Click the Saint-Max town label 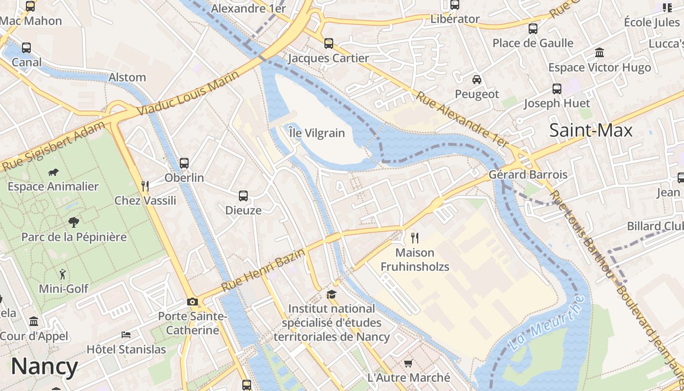click(591, 130)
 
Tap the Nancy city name click(44, 367)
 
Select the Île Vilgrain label click(317, 133)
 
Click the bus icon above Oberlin click(184, 163)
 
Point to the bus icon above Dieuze click(243, 196)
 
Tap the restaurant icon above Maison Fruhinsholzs click(415, 238)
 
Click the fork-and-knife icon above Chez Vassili click(145, 186)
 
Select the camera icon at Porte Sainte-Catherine click(192, 302)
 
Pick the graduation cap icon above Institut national click(332, 294)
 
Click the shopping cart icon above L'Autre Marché click(408, 363)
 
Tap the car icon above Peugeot click(477, 79)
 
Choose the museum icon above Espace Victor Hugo click(599, 53)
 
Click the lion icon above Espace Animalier click(53, 172)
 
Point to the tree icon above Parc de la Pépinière click(73, 222)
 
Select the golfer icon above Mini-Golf click(63, 274)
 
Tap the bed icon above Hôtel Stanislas click(126, 335)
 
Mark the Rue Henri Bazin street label click(263, 270)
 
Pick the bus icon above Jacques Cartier click(329, 43)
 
